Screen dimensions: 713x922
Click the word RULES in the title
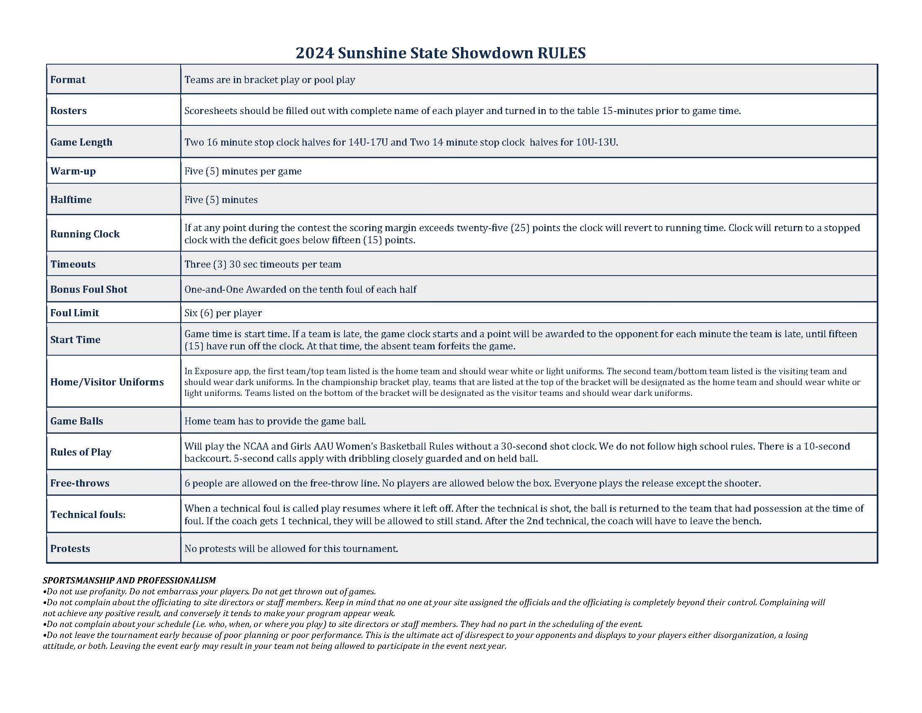[561, 53]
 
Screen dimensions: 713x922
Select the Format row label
[67, 80]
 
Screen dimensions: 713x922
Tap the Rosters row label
[68, 111]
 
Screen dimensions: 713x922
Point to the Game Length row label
[81, 142]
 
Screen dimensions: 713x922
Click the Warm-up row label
[73, 171]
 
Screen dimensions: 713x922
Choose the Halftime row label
[71, 199]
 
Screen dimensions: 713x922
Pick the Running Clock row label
[85, 234]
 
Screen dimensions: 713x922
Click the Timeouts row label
[73, 264]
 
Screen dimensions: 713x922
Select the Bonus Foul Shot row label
[89, 289]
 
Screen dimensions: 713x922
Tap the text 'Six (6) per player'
[223, 313]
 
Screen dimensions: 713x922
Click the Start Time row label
[75, 340]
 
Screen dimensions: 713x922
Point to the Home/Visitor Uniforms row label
[107, 382]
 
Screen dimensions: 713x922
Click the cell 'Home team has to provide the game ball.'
[275, 421]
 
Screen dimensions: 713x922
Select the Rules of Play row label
[80, 452]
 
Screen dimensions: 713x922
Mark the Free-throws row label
[80, 483]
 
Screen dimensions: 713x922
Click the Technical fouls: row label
[88, 515]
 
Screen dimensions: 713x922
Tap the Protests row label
[70, 549]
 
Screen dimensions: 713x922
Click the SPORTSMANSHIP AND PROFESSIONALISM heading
[129, 580]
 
